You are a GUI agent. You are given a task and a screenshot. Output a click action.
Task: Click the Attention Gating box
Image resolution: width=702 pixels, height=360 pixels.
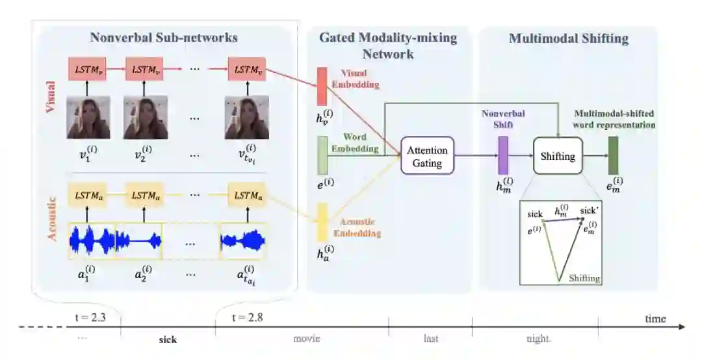coord(427,156)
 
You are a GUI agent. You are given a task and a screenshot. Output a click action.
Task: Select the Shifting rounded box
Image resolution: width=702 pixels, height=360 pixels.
coord(557,156)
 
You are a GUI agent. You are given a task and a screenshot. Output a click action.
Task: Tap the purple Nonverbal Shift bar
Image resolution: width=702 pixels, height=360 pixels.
coord(502,156)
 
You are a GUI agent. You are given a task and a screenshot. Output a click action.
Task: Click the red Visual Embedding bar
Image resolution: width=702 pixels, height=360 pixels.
coord(322,86)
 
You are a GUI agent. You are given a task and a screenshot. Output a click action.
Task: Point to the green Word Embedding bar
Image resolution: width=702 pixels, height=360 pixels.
coord(322,155)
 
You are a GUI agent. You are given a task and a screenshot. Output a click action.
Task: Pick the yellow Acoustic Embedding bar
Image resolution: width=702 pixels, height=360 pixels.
coord(322,223)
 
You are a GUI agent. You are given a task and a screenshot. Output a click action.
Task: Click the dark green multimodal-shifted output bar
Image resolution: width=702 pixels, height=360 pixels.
coord(612,156)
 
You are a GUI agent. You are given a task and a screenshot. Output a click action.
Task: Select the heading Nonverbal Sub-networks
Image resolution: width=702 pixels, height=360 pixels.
coord(164,38)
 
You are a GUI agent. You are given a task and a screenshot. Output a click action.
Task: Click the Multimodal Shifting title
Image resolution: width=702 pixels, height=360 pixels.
coord(568,38)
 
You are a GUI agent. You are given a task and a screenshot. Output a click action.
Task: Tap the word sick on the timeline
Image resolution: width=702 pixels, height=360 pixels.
coord(168,339)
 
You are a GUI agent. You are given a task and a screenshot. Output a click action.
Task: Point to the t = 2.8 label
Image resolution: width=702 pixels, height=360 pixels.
coord(248,318)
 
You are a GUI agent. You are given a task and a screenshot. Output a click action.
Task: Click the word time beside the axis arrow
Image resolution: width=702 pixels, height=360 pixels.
coord(655,318)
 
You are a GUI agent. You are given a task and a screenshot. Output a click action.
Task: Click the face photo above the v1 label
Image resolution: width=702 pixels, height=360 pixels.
coord(88,117)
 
